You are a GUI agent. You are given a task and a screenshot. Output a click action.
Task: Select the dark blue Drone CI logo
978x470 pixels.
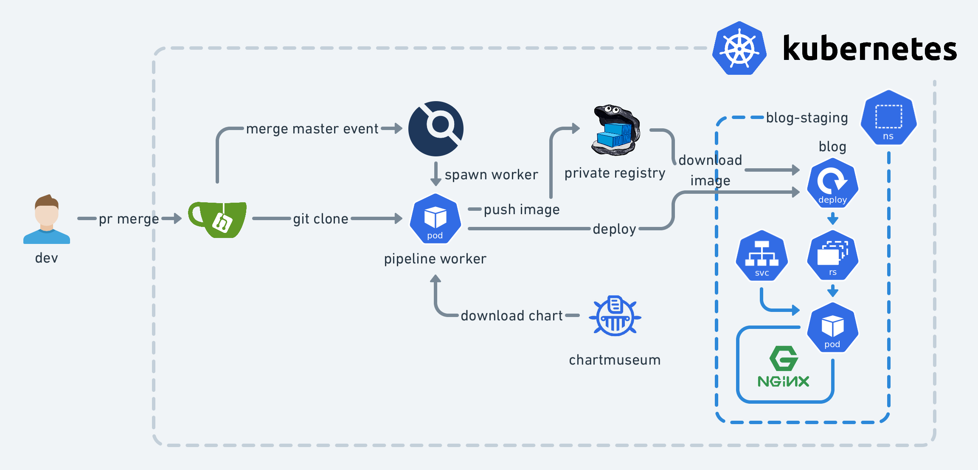pos(436,129)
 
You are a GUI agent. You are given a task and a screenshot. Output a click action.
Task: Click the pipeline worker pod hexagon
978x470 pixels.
pos(435,219)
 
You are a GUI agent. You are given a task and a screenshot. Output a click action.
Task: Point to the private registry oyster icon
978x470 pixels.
pos(615,130)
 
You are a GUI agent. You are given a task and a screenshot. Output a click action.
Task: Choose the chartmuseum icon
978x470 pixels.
pos(615,316)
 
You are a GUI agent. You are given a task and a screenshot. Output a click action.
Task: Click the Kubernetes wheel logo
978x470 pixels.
pos(739,48)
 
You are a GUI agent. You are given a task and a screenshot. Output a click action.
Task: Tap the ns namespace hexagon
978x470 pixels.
pos(888,118)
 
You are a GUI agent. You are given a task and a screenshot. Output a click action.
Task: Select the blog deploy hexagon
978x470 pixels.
pos(832,183)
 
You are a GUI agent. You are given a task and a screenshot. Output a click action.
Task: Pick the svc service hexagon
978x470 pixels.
pos(762,256)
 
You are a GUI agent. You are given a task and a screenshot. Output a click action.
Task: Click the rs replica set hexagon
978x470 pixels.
pos(832,255)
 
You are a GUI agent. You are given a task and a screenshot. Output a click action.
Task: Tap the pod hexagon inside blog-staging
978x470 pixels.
pos(832,328)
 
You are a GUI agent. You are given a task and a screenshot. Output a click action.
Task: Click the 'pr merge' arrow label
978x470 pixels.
pos(129,219)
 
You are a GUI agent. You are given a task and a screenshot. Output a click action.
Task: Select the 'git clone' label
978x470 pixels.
pos(320,219)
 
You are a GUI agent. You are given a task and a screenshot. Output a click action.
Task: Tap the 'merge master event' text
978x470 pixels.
pos(312,129)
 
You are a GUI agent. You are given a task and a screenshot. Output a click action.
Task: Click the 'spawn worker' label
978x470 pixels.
pos(491,175)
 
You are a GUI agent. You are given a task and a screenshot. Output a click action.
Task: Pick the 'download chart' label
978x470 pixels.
pos(511,316)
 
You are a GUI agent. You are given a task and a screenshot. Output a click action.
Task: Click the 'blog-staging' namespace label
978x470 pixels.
pos(807,118)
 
